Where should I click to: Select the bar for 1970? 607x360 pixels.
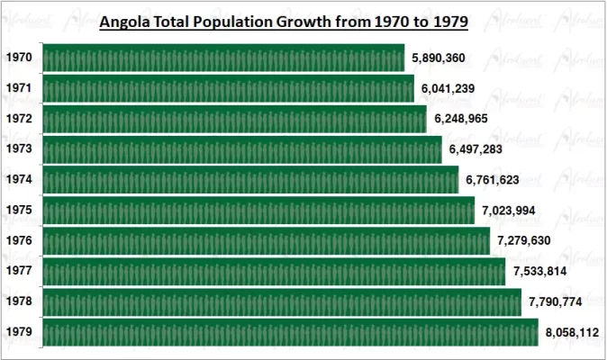click(x=223, y=58)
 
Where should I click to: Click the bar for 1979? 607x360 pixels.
click(x=290, y=332)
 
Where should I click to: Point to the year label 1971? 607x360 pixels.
click(x=19, y=88)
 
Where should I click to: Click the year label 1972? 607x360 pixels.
click(x=19, y=119)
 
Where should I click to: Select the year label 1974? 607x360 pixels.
click(x=19, y=180)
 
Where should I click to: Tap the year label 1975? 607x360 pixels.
click(x=19, y=211)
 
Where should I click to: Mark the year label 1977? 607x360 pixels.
click(x=19, y=271)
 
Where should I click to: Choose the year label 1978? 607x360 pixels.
click(x=19, y=301)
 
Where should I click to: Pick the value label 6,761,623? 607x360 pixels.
click(x=492, y=180)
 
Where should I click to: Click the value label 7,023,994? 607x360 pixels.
click(x=508, y=211)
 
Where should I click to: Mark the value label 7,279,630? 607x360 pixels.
click(x=524, y=241)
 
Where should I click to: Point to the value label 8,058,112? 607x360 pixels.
click(x=572, y=332)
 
